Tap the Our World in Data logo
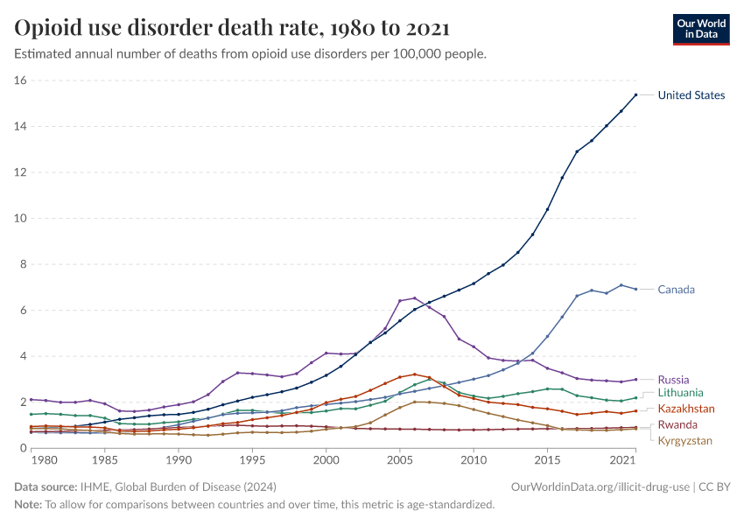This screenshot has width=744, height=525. (700, 28)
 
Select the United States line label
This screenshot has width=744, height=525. (691, 95)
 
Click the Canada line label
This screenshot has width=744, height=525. (677, 290)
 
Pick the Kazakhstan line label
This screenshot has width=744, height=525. (686, 409)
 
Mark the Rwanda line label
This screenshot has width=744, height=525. (678, 425)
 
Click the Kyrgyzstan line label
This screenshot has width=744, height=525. (686, 440)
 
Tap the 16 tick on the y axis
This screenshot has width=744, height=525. (21, 80)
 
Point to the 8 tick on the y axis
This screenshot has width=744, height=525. (24, 264)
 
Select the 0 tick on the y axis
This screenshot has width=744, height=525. (24, 448)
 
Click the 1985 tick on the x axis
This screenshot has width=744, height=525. (104, 460)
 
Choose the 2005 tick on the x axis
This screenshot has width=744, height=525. (399, 460)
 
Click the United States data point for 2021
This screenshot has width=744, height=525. (635, 94)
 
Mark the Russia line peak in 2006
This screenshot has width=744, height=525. (414, 298)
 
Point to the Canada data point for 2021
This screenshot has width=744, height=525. (635, 289)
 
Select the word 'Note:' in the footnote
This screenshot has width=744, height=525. (29, 504)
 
